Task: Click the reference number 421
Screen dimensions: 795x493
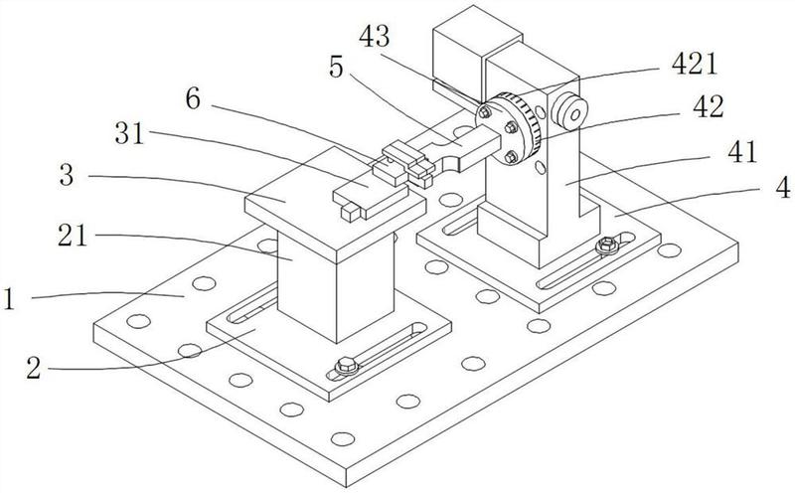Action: pos(694,65)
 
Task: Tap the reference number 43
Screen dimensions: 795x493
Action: pos(375,37)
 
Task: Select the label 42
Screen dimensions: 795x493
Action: pos(709,107)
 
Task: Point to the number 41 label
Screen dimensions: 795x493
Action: pos(741,152)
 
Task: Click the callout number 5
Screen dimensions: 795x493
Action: pos(336,67)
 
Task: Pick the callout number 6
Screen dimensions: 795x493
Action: pos(193,99)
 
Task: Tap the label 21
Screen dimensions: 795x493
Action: pos(72,236)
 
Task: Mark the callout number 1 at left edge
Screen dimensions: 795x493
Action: pos(9,299)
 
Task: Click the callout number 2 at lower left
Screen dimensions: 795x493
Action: pos(34,368)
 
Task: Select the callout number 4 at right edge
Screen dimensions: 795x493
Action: pos(783,187)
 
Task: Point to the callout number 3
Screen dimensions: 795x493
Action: pos(67,175)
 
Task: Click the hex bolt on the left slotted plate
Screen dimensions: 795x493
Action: pos(347,365)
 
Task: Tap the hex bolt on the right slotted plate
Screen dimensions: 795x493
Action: pos(607,246)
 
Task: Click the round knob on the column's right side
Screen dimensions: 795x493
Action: pos(569,111)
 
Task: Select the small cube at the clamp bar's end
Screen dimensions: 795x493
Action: pos(351,212)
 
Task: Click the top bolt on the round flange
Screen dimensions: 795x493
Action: pos(485,112)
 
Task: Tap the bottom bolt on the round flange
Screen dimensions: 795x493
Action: pos(511,157)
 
